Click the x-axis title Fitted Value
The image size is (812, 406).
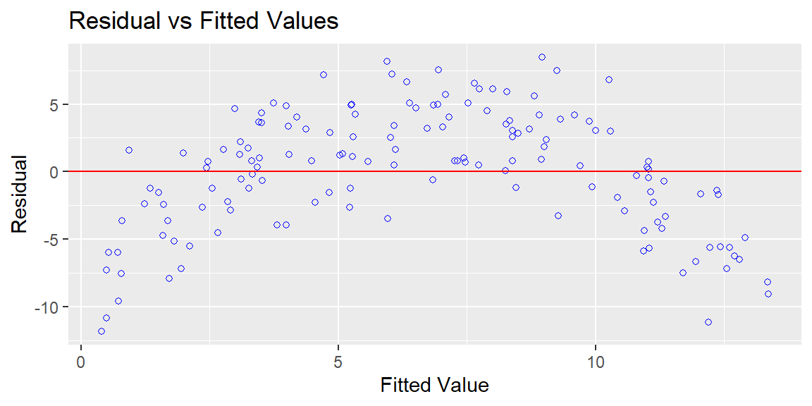pyautogui.click(x=434, y=385)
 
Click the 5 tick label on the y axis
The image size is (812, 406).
pyautogui.click(x=59, y=104)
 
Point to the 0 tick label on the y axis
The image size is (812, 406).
pyautogui.click(x=59, y=171)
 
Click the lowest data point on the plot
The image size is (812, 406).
pyautogui.click(x=101, y=331)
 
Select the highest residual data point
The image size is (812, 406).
pyautogui.click(x=541, y=57)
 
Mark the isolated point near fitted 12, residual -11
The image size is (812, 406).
pyautogui.click(x=708, y=322)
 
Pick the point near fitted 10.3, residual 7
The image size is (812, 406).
pyautogui.click(x=609, y=80)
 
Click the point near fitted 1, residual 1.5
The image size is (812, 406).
pyautogui.click(x=129, y=150)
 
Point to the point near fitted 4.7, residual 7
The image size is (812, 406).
pyautogui.click(x=323, y=75)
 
